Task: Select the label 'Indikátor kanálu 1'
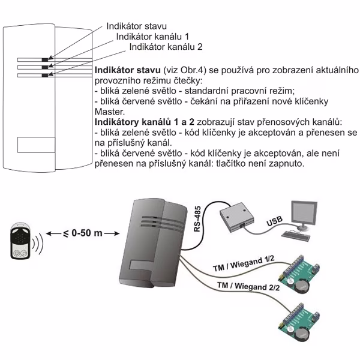point(149,36)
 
